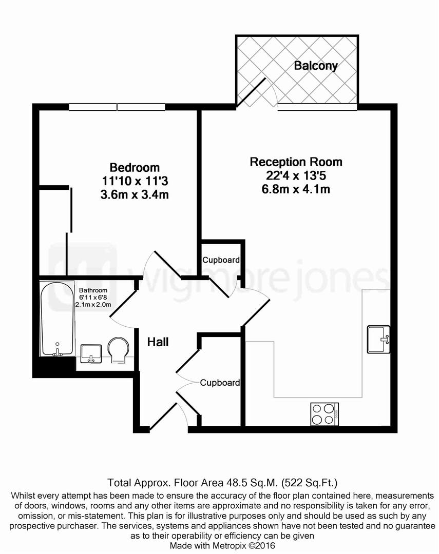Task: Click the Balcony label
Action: pos(315,66)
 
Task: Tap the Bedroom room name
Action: pos(135,168)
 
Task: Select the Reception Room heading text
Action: pos(296,162)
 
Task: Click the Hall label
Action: pos(158,342)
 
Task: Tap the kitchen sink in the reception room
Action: pos(379,339)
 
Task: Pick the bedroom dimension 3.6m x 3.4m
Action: pos(135,194)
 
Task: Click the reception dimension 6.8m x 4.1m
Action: pos(296,189)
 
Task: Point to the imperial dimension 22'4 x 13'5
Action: pos(296,176)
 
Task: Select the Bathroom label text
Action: pos(93,290)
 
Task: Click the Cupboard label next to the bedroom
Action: pos(221,260)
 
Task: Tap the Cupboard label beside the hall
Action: pos(220,383)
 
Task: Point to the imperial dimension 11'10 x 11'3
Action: pos(135,181)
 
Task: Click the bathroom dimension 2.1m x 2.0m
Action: pos(93,305)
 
